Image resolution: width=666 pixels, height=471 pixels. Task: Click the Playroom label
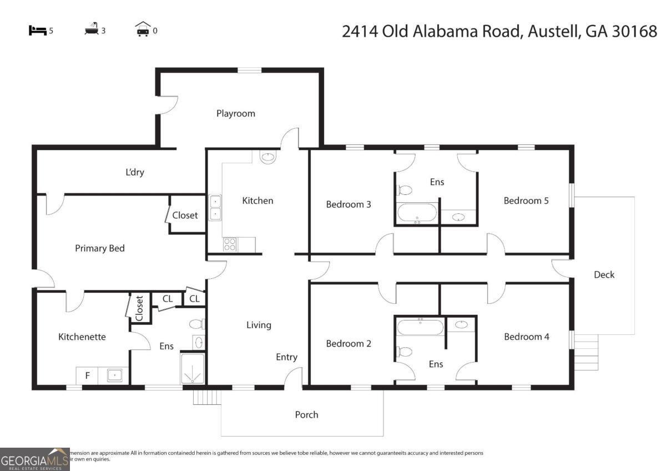pyautogui.click(x=236, y=113)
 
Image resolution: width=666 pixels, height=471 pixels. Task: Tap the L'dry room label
pyautogui.click(x=134, y=172)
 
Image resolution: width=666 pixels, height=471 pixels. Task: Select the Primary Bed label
pyautogui.click(x=100, y=248)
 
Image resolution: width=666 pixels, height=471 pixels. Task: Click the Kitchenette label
pyautogui.click(x=82, y=337)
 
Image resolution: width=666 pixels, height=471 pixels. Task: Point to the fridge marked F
pyautogui.click(x=87, y=375)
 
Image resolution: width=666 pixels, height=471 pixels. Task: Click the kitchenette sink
pyautogui.click(x=114, y=375)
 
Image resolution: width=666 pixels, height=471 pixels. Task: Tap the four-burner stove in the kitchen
pyautogui.click(x=230, y=244)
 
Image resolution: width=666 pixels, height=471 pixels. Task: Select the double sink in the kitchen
pyautogui.click(x=215, y=208)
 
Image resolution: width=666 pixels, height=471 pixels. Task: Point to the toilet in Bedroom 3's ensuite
pyautogui.click(x=405, y=191)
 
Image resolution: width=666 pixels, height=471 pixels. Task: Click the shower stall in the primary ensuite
pyautogui.click(x=193, y=369)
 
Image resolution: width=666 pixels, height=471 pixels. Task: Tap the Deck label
pyautogui.click(x=604, y=274)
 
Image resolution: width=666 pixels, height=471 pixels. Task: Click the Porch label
pyautogui.click(x=306, y=414)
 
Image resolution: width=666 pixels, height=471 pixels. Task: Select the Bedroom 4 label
pyautogui.click(x=526, y=337)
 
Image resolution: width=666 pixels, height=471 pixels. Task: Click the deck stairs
pyautogui.click(x=586, y=352)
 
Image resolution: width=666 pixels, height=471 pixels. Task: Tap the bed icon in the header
pyautogui.click(x=37, y=31)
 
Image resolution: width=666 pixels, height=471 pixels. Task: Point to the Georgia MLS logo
pyautogui.click(x=34, y=459)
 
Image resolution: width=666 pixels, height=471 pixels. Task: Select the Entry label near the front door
pyautogui.click(x=286, y=357)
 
